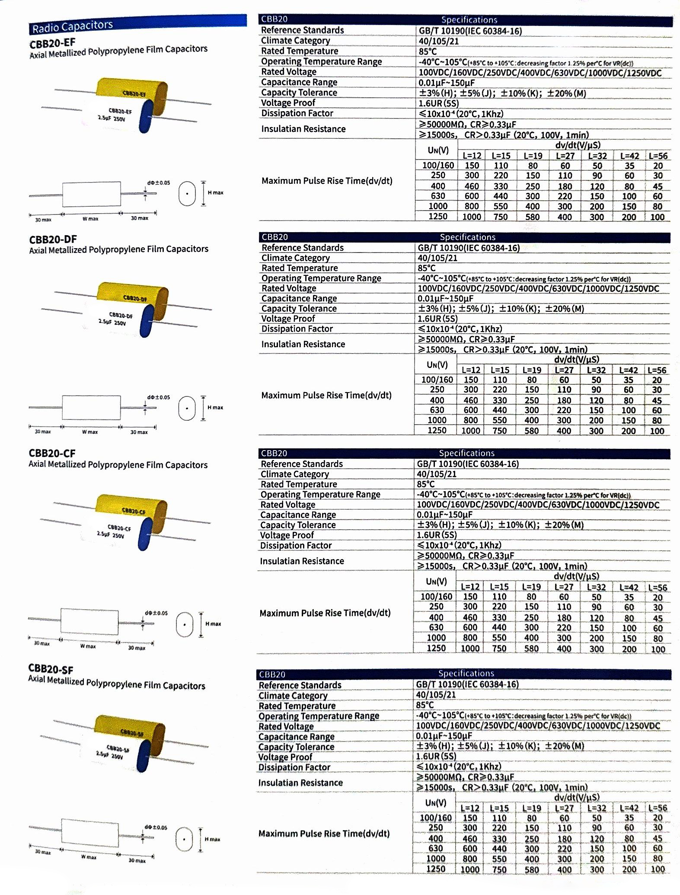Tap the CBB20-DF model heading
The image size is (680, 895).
(x=53, y=239)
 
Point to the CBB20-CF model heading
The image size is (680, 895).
(x=52, y=453)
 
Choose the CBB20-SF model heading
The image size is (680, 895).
(x=51, y=669)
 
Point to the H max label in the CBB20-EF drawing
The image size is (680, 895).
(x=216, y=193)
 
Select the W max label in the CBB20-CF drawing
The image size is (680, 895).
(x=88, y=646)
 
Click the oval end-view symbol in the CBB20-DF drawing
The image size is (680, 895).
(x=187, y=408)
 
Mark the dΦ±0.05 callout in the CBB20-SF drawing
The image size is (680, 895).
(x=156, y=828)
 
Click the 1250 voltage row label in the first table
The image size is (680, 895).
(x=437, y=217)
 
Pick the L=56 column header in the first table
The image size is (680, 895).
(x=658, y=156)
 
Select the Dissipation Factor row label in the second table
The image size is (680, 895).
(x=297, y=329)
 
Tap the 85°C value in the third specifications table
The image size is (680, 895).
(x=426, y=484)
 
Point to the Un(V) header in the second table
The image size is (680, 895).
(x=437, y=365)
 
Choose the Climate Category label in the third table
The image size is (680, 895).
(x=295, y=474)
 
